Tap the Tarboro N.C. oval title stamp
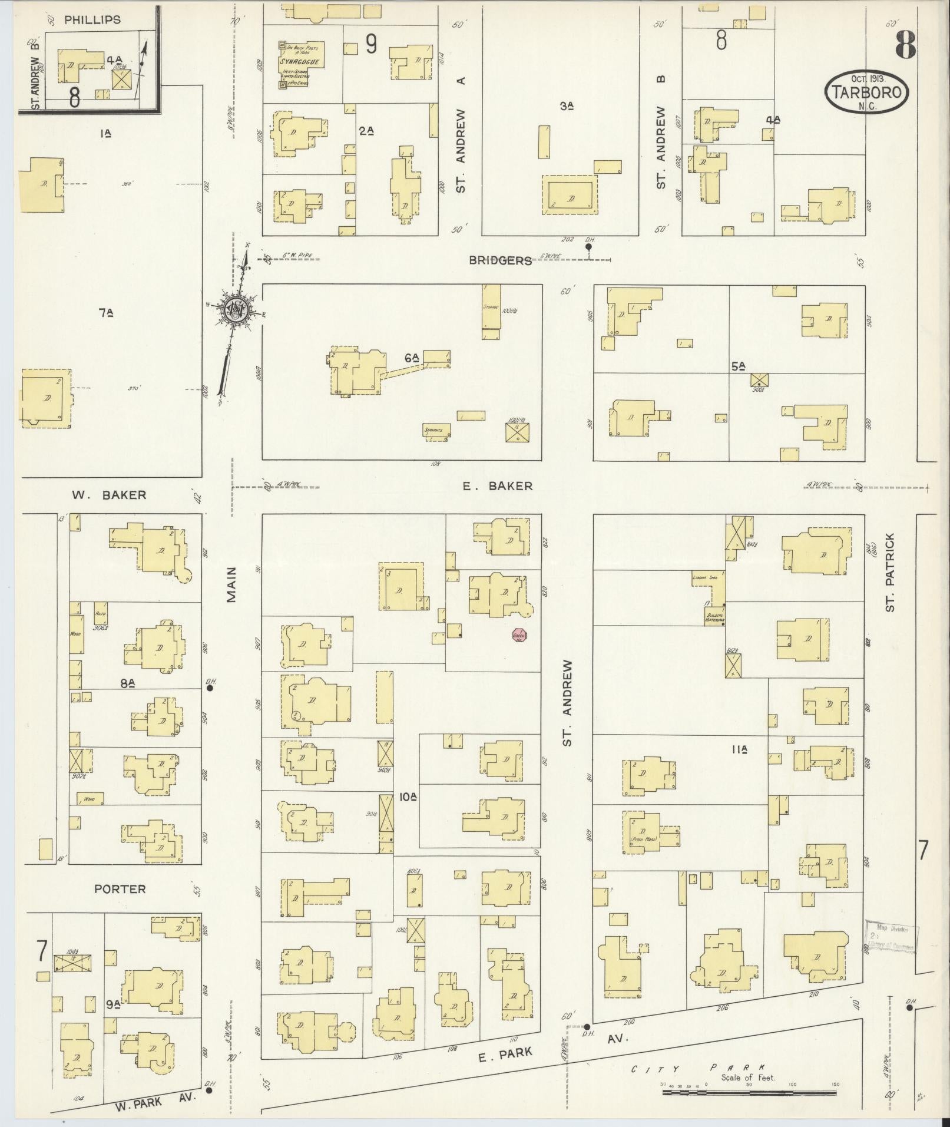pos(866,93)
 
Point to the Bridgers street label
pos(500,260)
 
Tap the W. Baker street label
pos(109,495)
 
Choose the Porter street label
pos(120,889)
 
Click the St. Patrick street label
pos(890,572)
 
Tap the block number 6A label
pos(411,358)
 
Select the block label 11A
pos(739,750)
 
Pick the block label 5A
pos(739,366)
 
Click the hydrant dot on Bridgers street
pos(588,247)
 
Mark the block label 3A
pos(567,106)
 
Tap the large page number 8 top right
pos(906,44)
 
